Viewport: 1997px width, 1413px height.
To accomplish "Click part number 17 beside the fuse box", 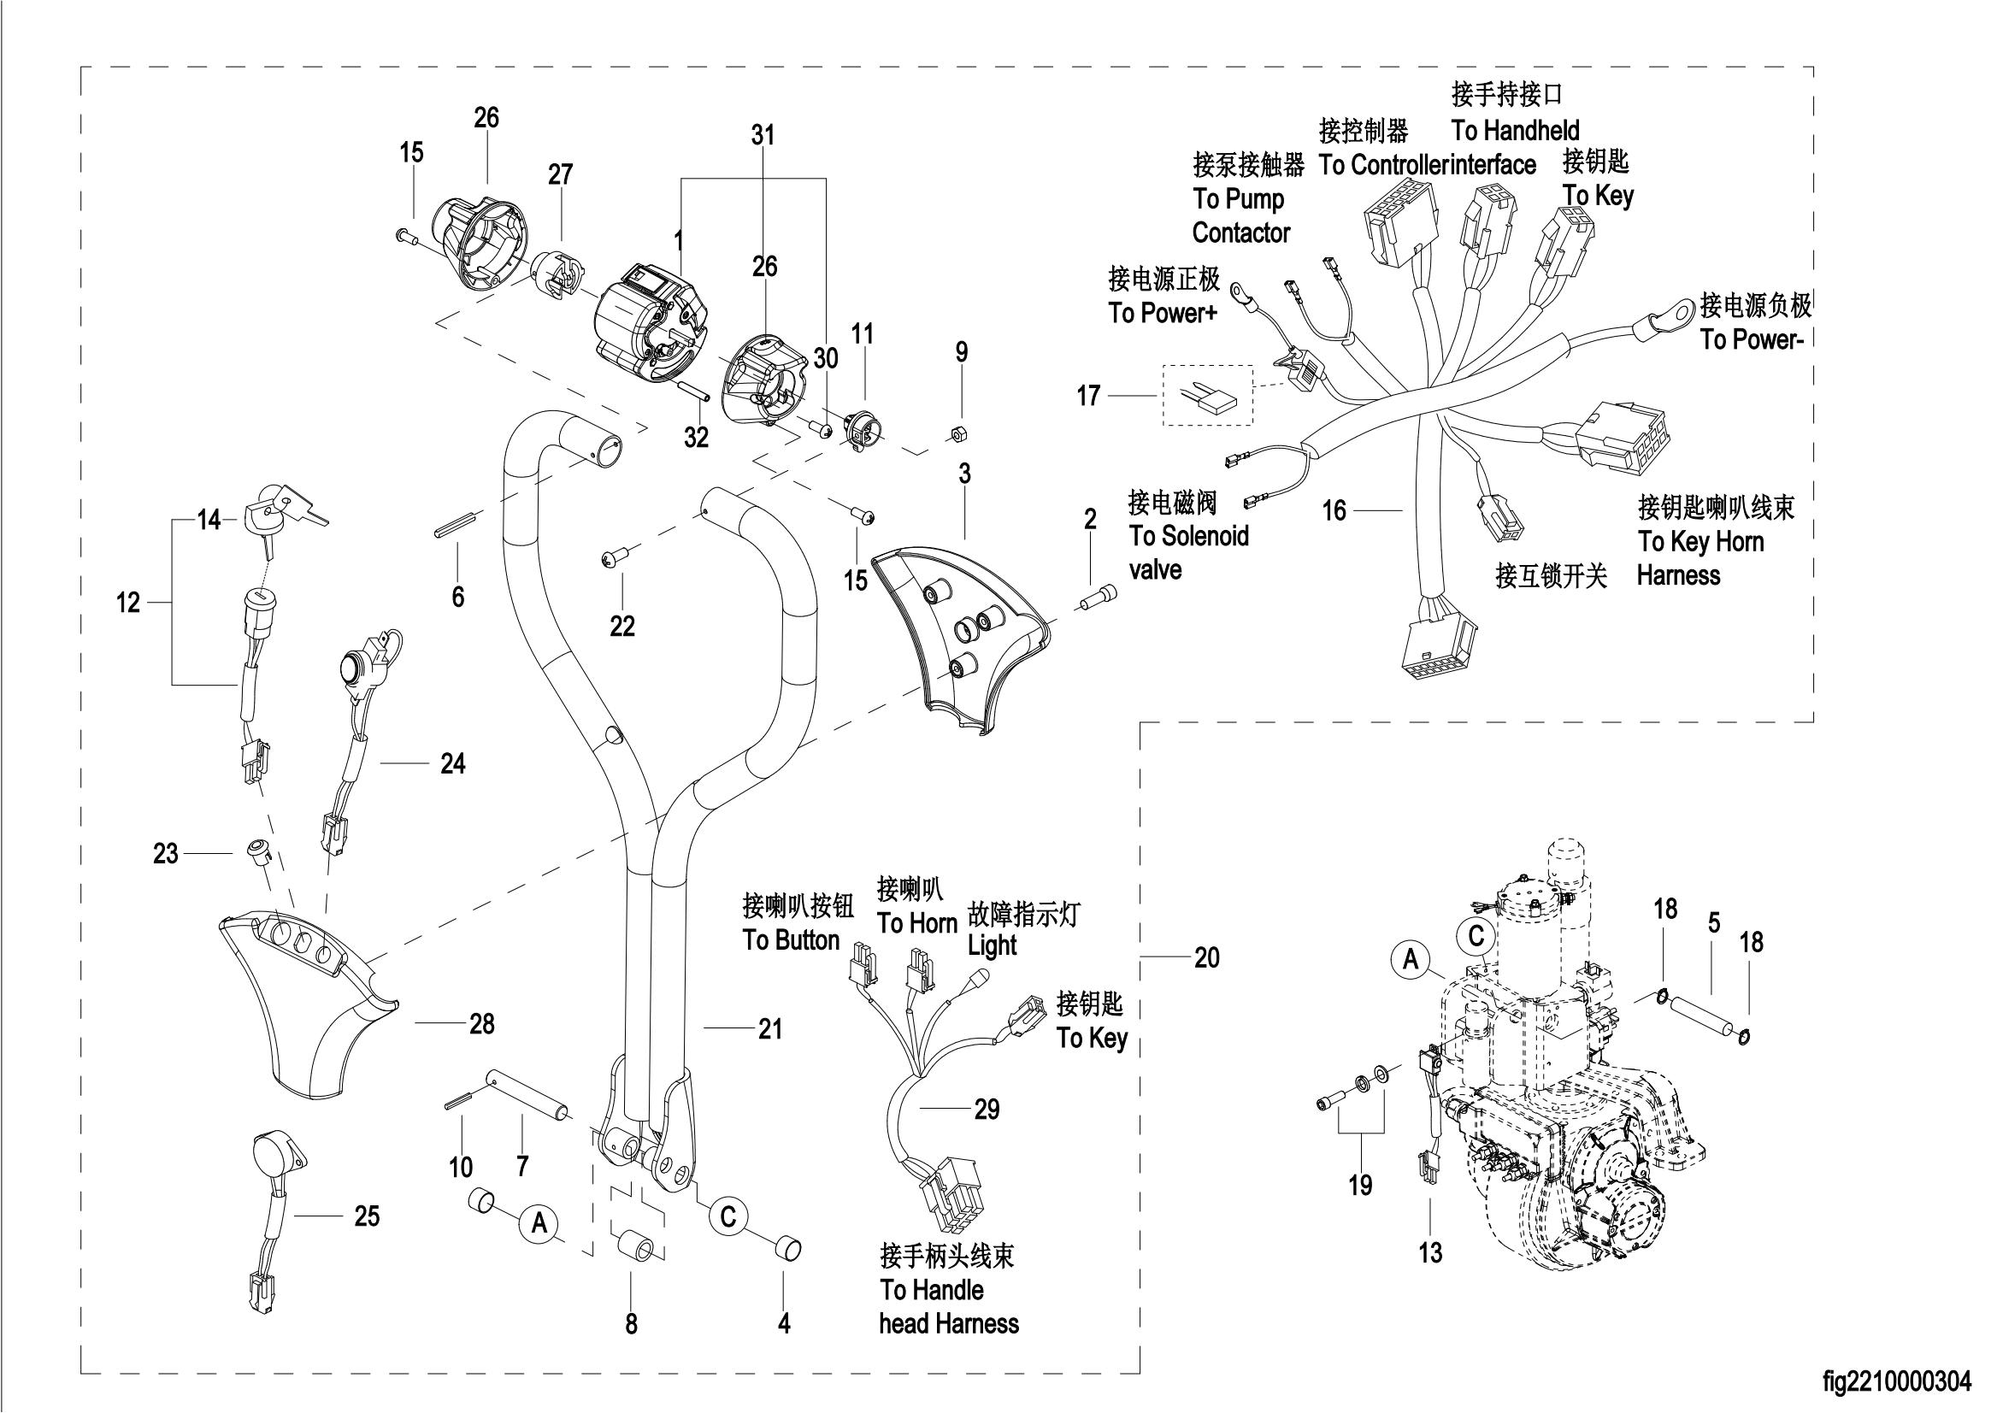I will click(1088, 397).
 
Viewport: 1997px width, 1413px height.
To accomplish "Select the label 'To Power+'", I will click(1163, 313).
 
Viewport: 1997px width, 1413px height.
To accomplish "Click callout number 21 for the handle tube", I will click(770, 1029).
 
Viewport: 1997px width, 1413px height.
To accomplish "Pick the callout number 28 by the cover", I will click(482, 1024).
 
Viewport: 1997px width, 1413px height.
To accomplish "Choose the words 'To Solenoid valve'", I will click(1187, 552).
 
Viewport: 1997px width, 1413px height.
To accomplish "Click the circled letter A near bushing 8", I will click(539, 1223).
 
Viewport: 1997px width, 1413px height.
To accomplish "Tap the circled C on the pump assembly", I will click(1476, 936).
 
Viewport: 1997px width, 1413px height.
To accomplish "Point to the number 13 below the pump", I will click(1430, 1254).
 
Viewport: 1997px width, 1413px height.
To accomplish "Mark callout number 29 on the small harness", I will click(987, 1110).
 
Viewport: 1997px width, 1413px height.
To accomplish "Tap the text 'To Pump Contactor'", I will click(1240, 215).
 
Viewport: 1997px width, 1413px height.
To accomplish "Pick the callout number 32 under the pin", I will click(696, 438).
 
